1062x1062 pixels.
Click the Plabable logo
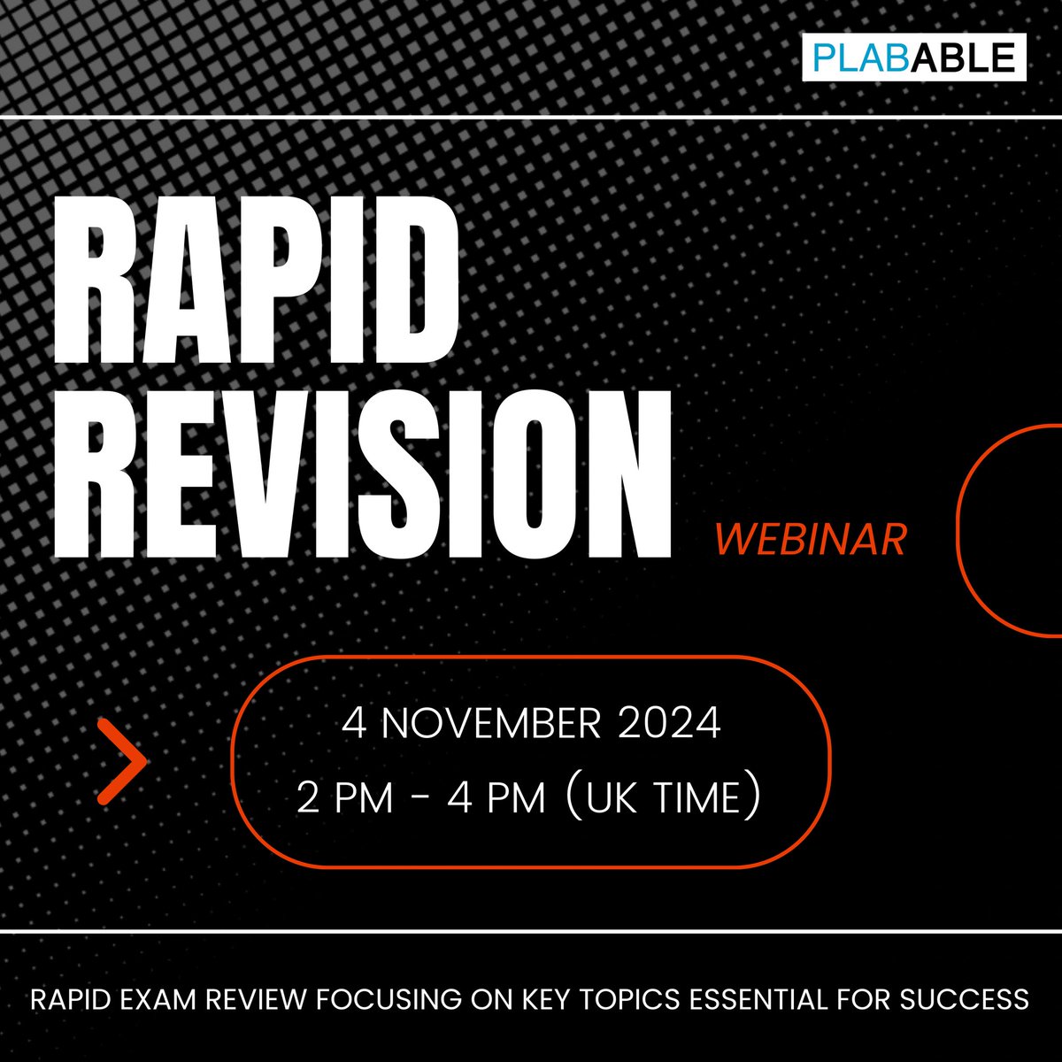coord(914,57)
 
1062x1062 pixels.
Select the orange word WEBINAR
coord(810,539)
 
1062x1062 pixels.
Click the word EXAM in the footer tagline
coord(164,1000)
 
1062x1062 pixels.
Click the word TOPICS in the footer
coord(635,1000)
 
